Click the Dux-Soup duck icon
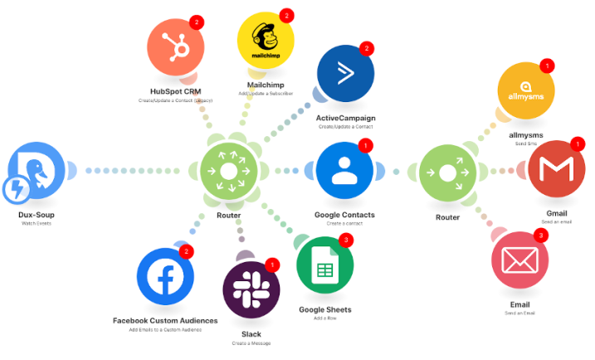point(37,171)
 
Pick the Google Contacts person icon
point(344,171)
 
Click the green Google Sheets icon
point(325,270)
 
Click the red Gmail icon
point(557,171)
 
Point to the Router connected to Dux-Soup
point(229,171)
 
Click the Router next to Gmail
point(448,172)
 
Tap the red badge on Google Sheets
point(347,241)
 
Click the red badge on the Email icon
point(542,236)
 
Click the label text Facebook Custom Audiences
point(165,320)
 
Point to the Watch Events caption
point(37,224)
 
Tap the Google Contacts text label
point(344,215)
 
